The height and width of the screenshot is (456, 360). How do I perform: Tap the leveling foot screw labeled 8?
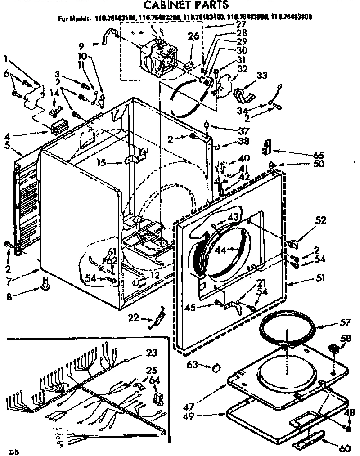click(x=45, y=283)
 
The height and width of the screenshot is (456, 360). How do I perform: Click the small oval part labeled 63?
click(x=216, y=367)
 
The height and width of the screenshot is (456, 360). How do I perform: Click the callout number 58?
click(x=346, y=338)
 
